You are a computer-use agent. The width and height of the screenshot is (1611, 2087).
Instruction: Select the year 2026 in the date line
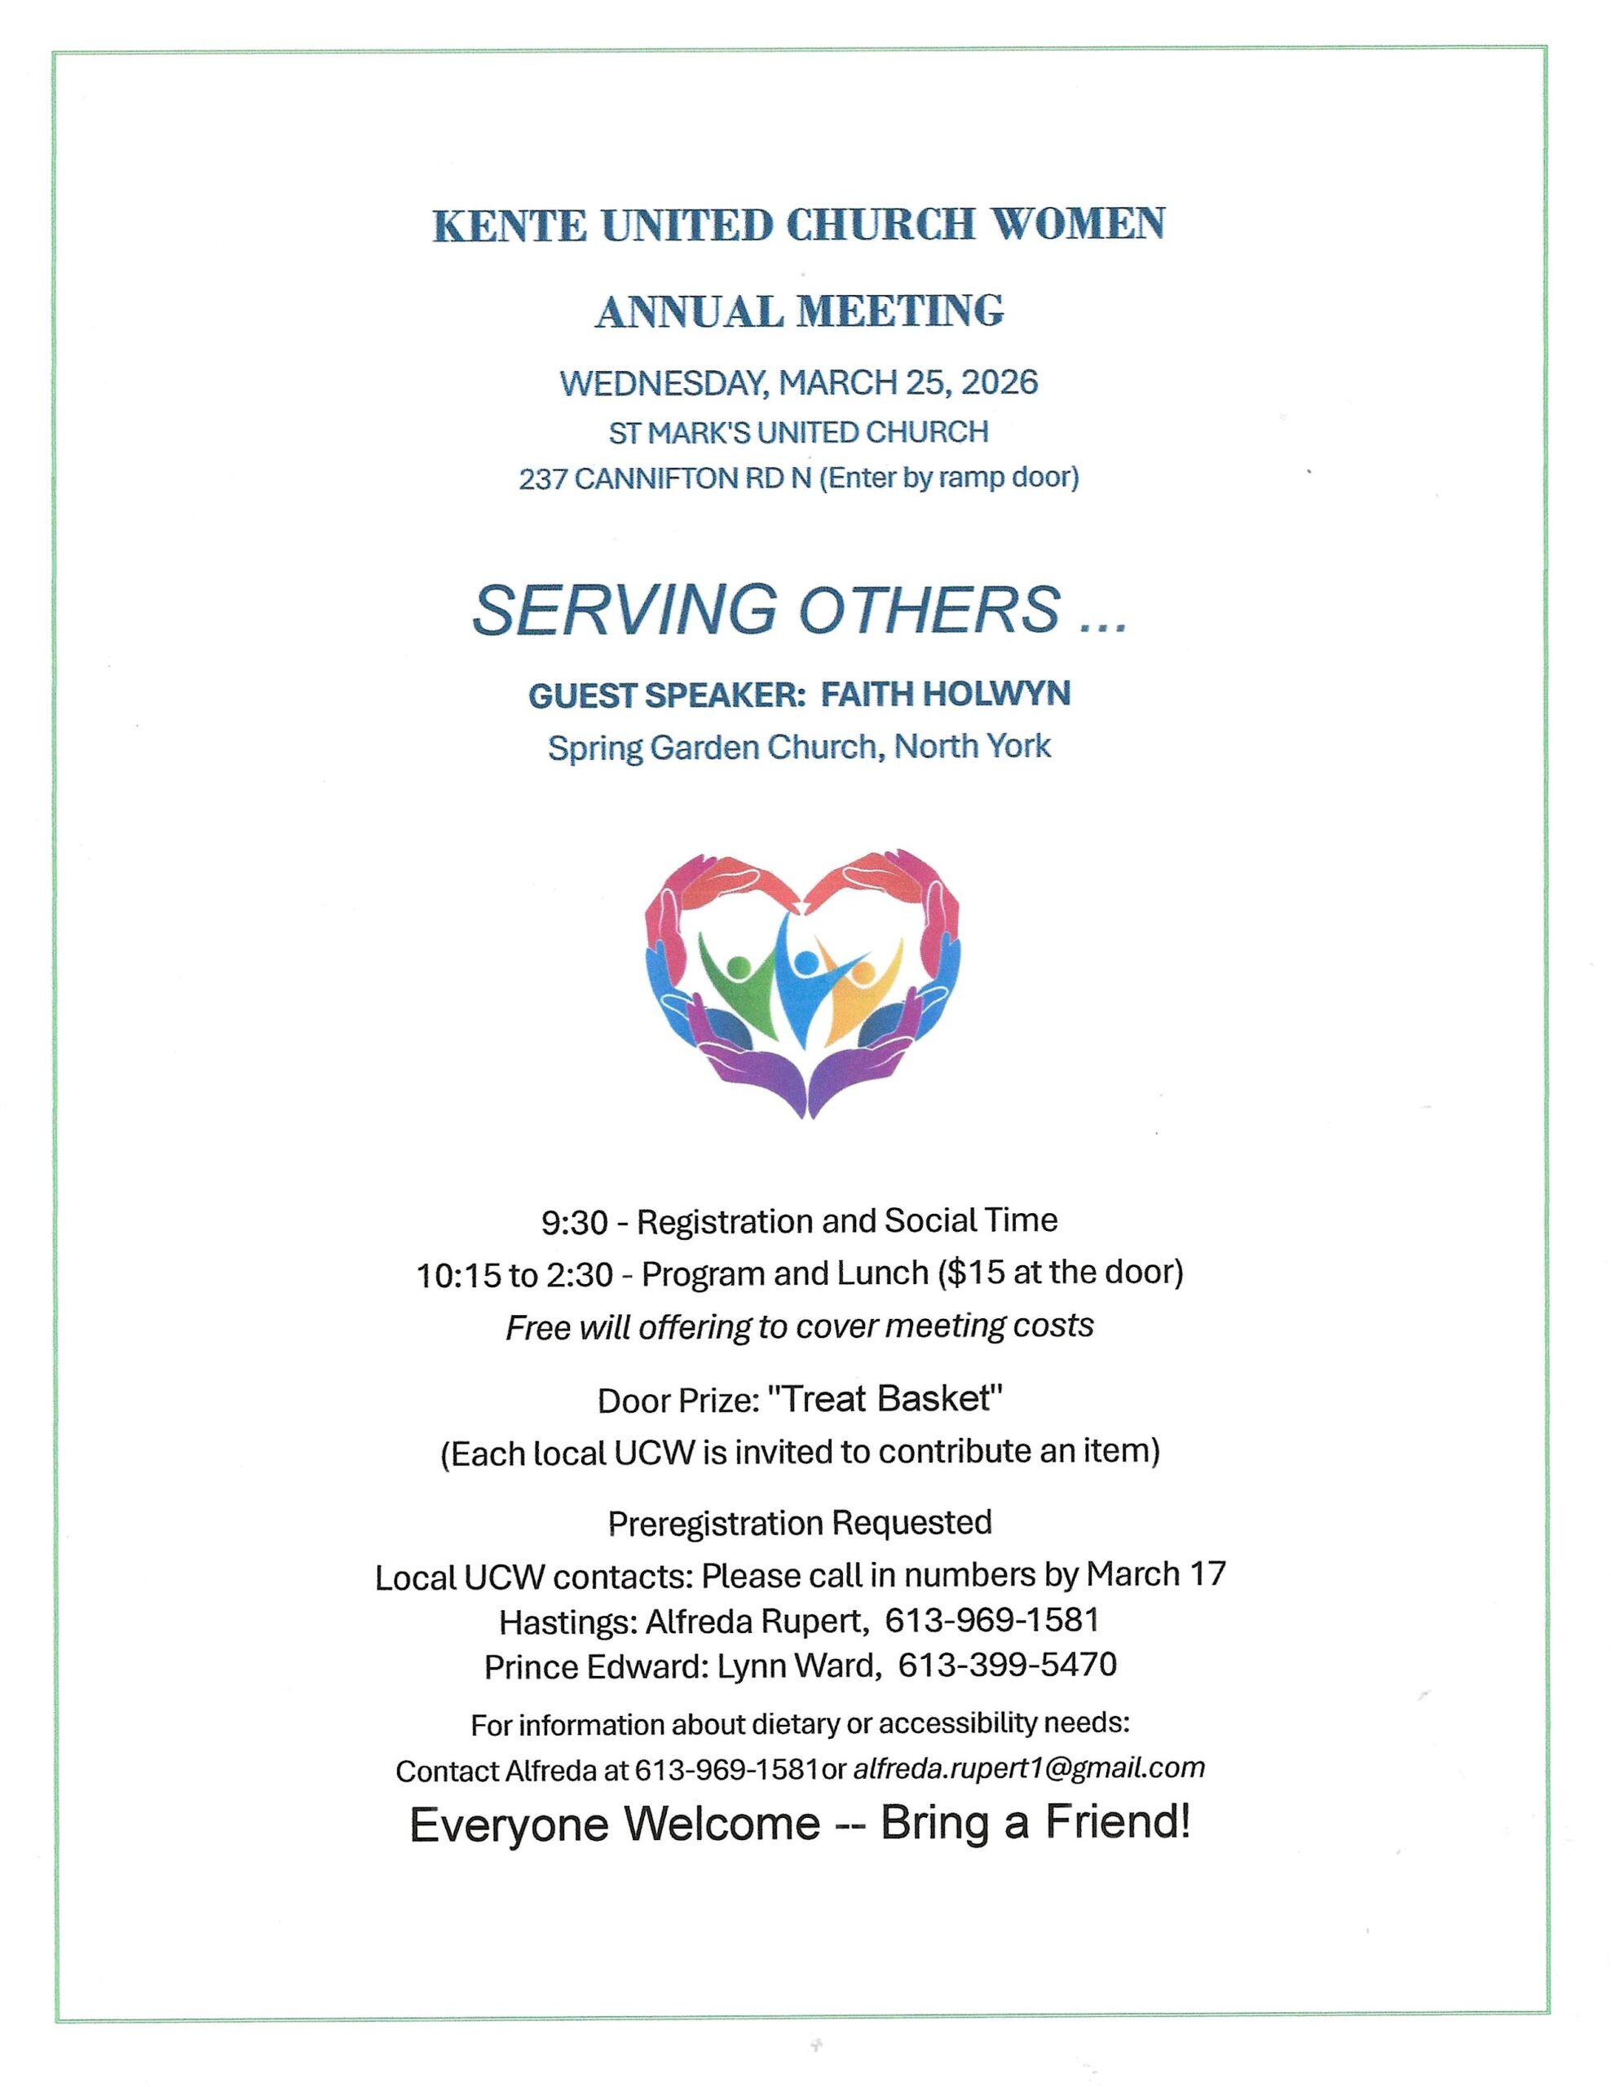tap(999, 383)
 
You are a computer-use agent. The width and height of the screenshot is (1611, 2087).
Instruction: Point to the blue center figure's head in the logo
tap(806, 961)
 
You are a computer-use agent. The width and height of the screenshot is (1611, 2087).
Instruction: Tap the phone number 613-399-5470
tap(1007, 1666)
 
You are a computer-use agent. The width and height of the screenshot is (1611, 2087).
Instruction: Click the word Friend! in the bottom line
tap(1118, 1822)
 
